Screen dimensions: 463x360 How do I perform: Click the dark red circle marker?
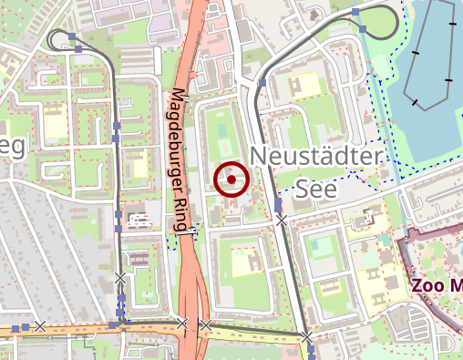[x=231, y=180]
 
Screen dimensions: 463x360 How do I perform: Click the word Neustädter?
[x=314, y=157]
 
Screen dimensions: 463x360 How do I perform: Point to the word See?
[x=316, y=189]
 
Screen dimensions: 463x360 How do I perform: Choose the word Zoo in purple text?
[x=428, y=284]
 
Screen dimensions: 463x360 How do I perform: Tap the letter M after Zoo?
[x=456, y=284]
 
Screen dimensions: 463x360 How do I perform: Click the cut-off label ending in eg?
[x=13, y=148]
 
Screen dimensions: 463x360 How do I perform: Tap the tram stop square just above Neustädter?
[x=262, y=83]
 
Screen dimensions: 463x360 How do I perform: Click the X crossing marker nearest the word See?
[x=281, y=220]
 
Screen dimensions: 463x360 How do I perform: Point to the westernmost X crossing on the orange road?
[x=39, y=325]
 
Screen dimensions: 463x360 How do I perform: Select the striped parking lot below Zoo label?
[x=419, y=319]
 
